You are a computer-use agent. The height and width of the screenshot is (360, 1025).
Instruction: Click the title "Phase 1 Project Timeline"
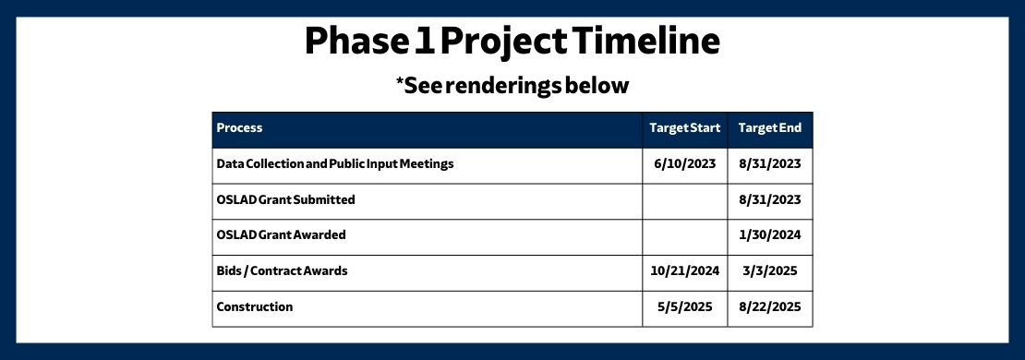point(512,42)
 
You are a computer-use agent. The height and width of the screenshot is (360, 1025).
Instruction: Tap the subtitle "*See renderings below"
point(512,86)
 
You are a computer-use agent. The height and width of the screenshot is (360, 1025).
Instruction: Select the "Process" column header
point(240,128)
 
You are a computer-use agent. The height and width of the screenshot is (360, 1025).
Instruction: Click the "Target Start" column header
point(685,128)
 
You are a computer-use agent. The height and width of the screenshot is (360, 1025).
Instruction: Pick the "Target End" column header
point(769,128)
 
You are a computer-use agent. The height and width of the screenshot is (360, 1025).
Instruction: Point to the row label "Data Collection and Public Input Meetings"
point(335,164)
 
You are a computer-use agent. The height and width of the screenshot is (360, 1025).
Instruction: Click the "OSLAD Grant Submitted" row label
point(285,199)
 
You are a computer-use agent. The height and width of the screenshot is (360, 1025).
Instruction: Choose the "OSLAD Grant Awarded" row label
point(281,234)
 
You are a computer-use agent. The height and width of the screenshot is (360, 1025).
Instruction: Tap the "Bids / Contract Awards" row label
point(282,270)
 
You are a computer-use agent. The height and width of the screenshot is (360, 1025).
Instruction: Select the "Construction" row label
point(255,306)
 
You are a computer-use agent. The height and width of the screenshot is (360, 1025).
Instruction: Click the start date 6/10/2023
point(685,164)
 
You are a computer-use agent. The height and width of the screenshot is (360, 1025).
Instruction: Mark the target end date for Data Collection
point(769,164)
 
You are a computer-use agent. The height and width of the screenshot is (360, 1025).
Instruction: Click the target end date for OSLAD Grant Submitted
point(769,199)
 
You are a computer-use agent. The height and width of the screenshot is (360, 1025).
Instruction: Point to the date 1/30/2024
point(769,234)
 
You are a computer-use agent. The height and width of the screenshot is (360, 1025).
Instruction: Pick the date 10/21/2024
point(685,270)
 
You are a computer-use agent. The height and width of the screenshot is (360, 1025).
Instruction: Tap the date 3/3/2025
point(769,270)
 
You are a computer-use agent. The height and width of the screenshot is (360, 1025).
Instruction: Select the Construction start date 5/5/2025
point(685,306)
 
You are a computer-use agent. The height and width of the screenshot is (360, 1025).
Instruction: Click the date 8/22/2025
point(769,306)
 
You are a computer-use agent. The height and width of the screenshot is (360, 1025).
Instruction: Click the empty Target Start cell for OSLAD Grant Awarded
point(685,234)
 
